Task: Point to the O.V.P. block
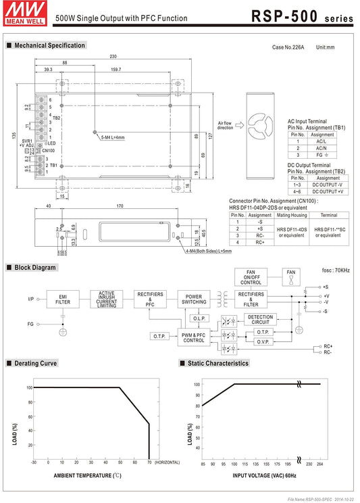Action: (263, 342)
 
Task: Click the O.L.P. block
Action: (199, 318)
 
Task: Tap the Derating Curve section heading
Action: (33, 363)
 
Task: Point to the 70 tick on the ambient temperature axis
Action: (149, 462)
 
